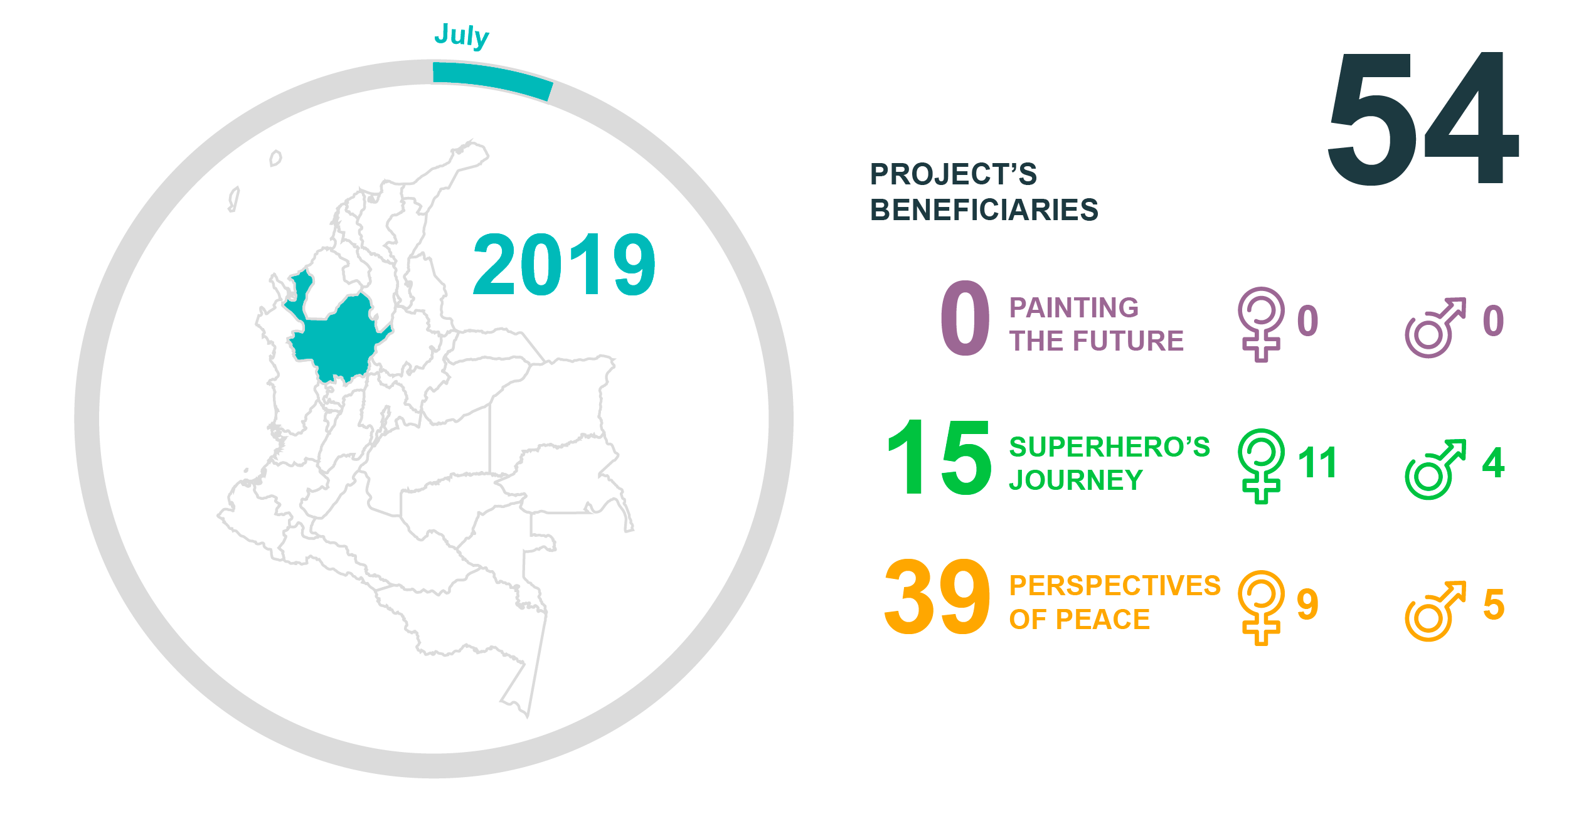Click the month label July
(x=462, y=36)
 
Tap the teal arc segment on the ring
(x=492, y=78)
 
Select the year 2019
(x=564, y=265)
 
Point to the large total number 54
(x=1423, y=119)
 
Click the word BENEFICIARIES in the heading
(x=984, y=210)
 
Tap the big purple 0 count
(x=965, y=318)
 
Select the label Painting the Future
(x=1096, y=324)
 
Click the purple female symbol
(x=1261, y=324)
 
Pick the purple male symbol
(x=1435, y=327)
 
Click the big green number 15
(x=939, y=457)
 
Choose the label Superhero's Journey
(x=1109, y=463)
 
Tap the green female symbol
(x=1261, y=466)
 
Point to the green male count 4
(x=1494, y=463)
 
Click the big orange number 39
(x=937, y=597)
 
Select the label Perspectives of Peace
(x=1115, y=603)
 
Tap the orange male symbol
(x=1435, y=611)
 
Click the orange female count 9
(x=1307, y=605)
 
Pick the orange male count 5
(x=1494, y=605)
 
